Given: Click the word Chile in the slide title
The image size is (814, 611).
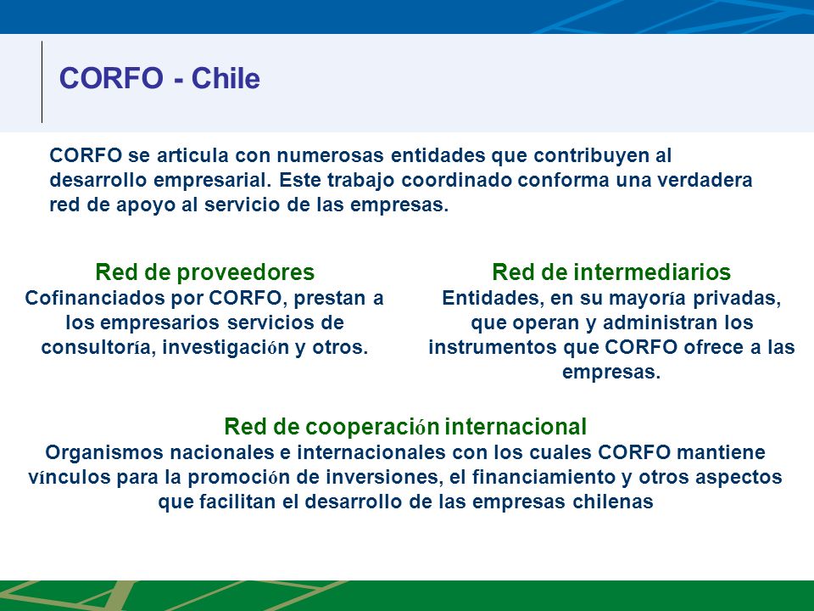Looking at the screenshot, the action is [x=226, y=78].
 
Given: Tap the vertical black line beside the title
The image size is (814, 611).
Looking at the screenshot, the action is [x=42, y=81].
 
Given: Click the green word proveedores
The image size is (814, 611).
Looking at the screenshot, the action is [x=246, y=272].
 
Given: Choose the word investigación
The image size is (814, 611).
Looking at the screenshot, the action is [x=226, y=348].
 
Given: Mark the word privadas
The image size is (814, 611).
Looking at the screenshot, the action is [x=737, y=299].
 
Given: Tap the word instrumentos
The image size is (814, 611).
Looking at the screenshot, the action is [x=493, y=347].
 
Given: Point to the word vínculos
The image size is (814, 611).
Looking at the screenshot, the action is [x=69, y=477].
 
